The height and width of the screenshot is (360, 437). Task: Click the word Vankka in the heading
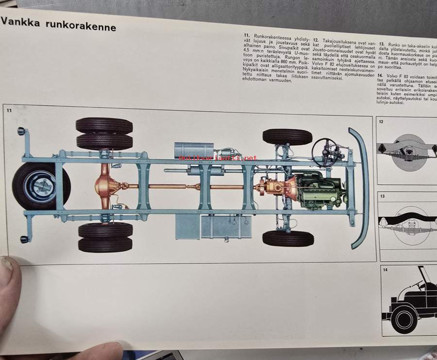point(17,22)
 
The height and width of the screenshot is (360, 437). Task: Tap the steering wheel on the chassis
point(326,153)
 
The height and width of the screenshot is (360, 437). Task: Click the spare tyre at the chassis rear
point(41,185)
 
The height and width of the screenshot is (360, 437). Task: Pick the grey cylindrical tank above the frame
point(194,150)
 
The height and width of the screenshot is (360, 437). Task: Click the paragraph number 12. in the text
point(316,39)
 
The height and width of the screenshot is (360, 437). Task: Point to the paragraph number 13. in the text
point(382,44)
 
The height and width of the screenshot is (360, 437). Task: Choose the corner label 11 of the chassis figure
point(9,110)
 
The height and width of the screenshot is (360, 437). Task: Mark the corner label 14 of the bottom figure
point(385,269)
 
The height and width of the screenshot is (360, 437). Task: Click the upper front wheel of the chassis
point(287,137)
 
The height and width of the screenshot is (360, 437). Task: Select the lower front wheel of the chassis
point(288,238)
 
